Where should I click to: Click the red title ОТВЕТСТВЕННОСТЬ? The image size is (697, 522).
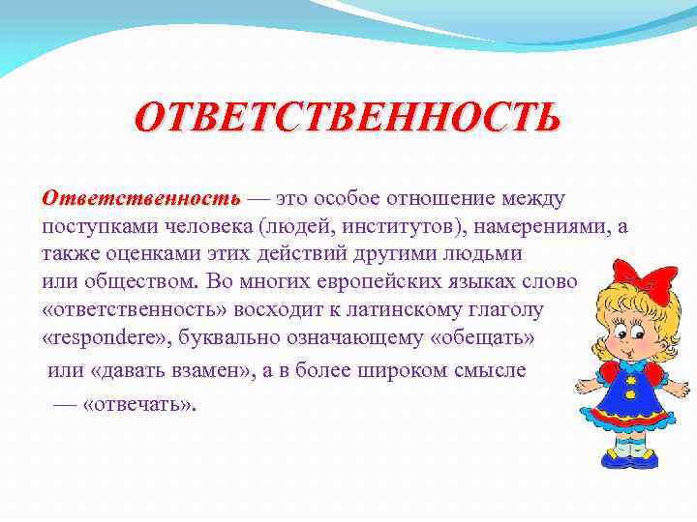point(348,118)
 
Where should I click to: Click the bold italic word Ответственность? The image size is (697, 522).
point(141,199)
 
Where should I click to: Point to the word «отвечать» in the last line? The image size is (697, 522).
point(136,404)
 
